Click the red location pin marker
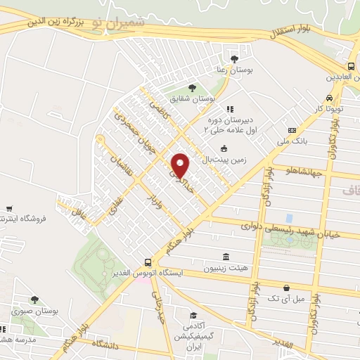pos(180,166)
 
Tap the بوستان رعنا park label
pos(233,72)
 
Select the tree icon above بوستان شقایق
pos(192,88)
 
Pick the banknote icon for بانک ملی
pos(291,131)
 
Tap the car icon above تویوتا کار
pos(329,98)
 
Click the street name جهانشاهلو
pos(300,171)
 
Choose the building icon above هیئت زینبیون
pos(225,257)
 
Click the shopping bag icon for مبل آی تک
pos(286,287)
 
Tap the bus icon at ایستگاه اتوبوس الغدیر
pos(147,261)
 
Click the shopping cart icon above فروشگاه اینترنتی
pos(8,208)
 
